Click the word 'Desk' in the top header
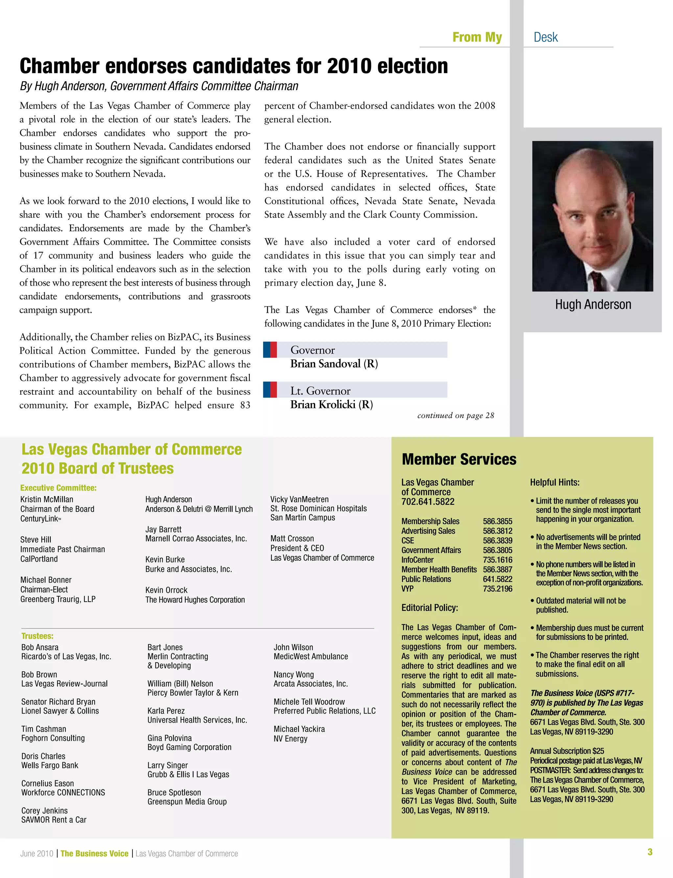[x=545, y=37]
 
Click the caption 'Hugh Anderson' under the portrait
[x=592, y=305]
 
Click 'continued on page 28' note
[x=455, y=415]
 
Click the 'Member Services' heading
[x=459, y=459]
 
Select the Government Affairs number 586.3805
[x=497, y=550]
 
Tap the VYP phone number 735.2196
[x=497, y=589]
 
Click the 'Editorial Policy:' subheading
[x=429, y=607]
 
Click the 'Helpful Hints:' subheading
[x=554, y=482]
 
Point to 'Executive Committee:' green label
[x=58, y=488]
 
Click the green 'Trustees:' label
[x=37, y=636]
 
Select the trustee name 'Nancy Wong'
[x=294, y=674]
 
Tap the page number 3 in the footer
[x=650, y=852]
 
